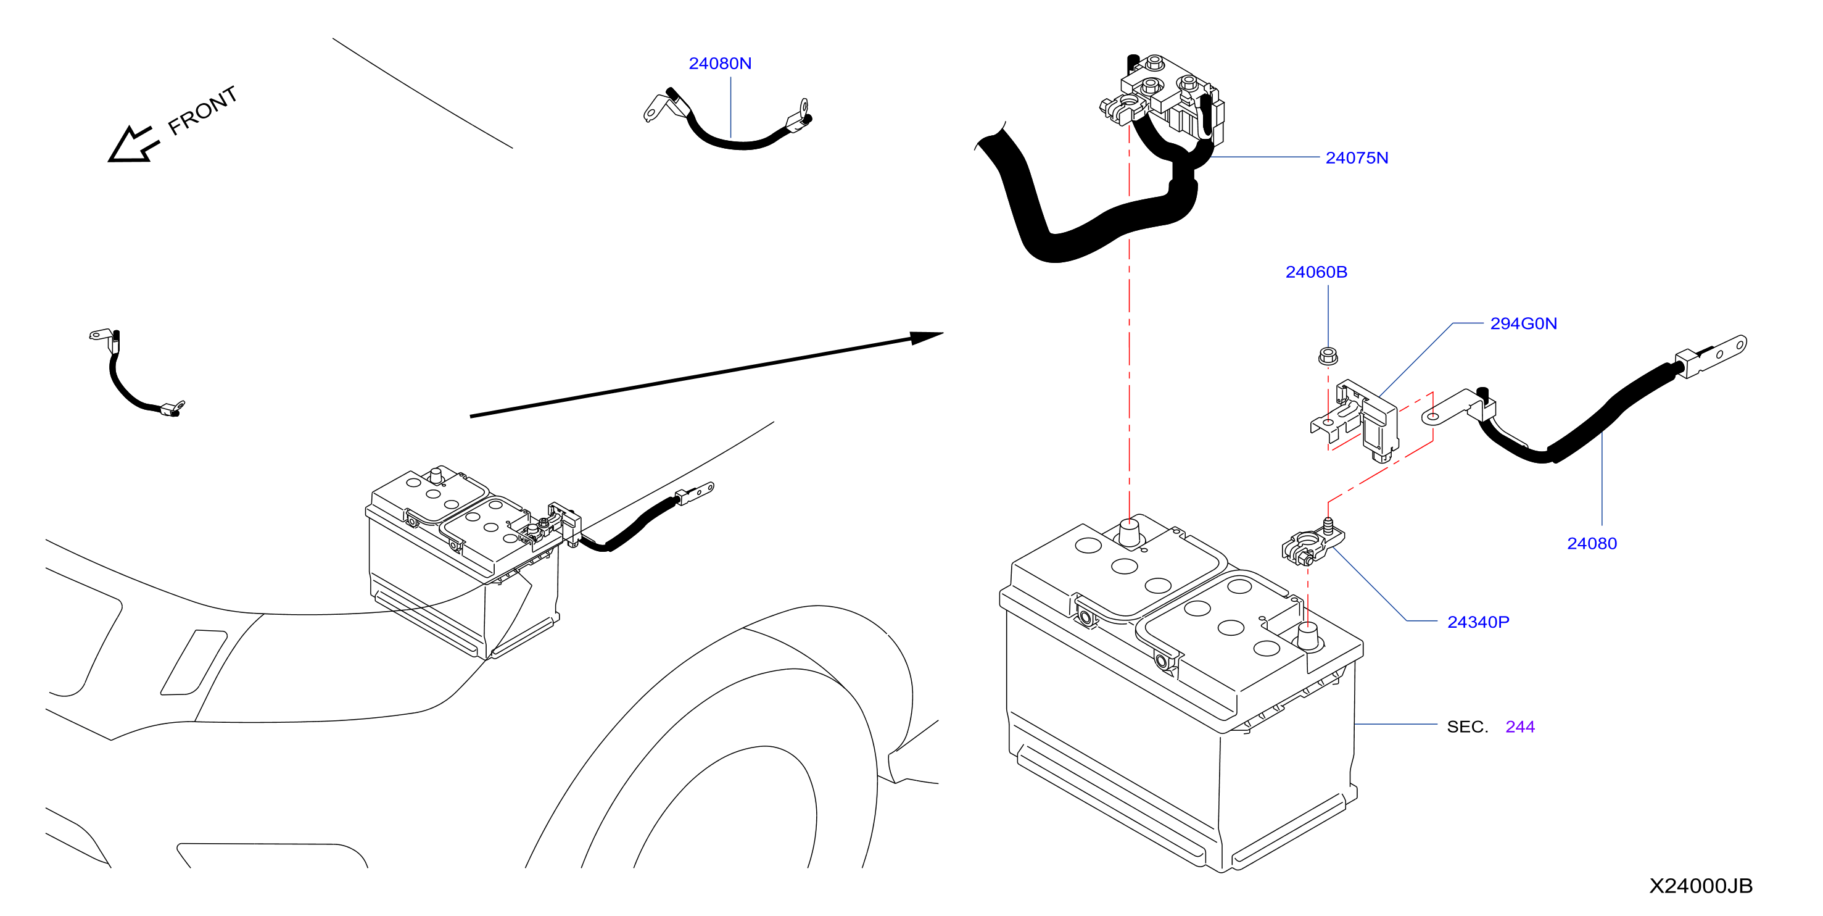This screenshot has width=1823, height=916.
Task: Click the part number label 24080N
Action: (x=720, y=64)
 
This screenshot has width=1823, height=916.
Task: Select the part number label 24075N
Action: (x=1357, y=158)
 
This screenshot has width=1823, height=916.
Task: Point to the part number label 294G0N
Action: (x=1524, y=323)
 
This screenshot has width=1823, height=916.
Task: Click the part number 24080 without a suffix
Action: (x=1592, y=544)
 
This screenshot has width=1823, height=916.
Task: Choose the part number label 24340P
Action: (x=1478, y=622)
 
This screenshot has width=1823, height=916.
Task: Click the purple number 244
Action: (x=1520, y=727)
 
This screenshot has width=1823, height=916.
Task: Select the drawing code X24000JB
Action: (x=1701, y=886)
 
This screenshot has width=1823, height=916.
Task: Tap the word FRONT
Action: (x=202, y=110)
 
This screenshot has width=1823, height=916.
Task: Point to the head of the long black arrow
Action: (x=927, y=337)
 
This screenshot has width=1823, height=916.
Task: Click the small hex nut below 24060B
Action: (x=1328, y=356)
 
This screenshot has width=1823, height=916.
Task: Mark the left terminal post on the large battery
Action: (x=1129, y=532)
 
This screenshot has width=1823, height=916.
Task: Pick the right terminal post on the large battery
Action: (x=1308, y=636)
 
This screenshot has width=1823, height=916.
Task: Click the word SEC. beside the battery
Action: (x=1467, y=727)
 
